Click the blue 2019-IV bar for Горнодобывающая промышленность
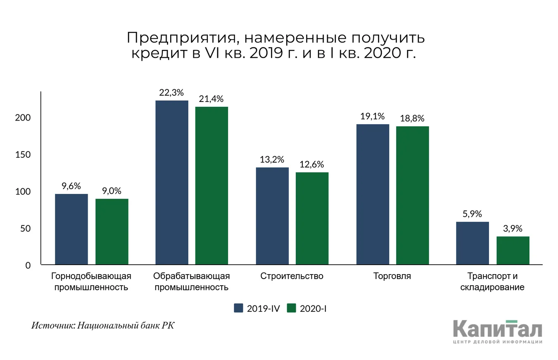pyautogui.click(x=71, y=229)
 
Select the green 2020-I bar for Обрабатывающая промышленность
pyautogui.click(x=211, y=186)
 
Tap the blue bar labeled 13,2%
pyautogui.click(x=272, y=216)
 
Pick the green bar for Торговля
pyautogui.click(x=412, y=195)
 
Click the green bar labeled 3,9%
pyautogui.click(x=513, y=251)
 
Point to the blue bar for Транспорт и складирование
pyautogui.click(x=473, y=243)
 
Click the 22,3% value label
pyautogui.click(x=171, y=93)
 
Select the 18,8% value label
pyautogui.click(x=412, y=118)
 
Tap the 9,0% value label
pyautogui.click(x=112, y=191)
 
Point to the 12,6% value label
pyautogui.click(x=312, y=165)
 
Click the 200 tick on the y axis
pyautogui.click(x=23, y=118)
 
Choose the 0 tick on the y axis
pyautogui.click(x=28, y=265)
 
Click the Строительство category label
pyautogui.click(x=292, y=276)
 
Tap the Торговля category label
pyautogui.click(x=392, y=276)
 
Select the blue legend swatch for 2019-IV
pyautogui.click(x=238, y=308)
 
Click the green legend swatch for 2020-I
pyautogui.click(x=292, y=308)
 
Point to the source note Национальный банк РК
pyautogui.click(x=126, y=325)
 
